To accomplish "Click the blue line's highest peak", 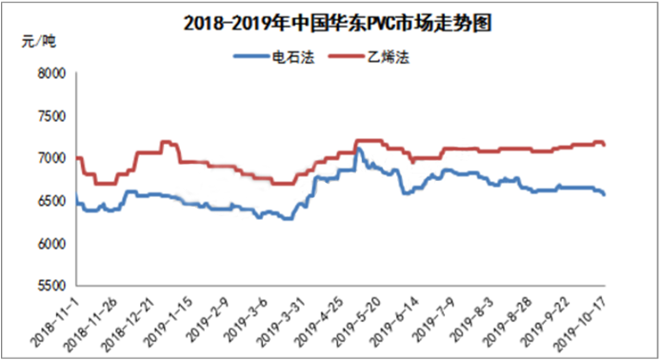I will tap(359, 150).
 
